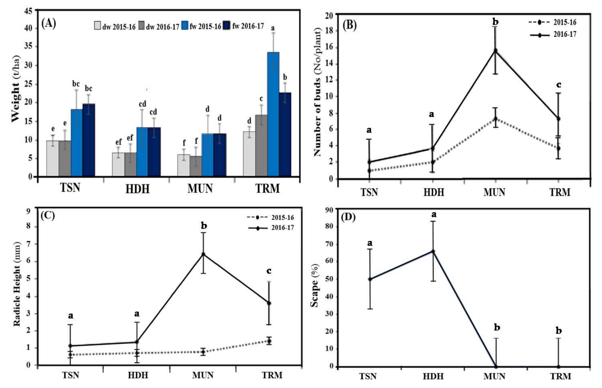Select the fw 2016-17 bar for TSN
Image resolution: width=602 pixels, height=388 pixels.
click(89, 140)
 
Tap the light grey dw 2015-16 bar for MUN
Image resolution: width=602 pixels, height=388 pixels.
click(183, 165)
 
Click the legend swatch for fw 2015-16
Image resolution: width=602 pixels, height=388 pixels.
click(185, 26)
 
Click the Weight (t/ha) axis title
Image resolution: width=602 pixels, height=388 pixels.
click(16, 89)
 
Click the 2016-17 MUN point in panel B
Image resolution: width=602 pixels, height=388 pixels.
click(495, 51)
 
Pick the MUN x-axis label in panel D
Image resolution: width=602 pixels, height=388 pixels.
click(494, 376)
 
